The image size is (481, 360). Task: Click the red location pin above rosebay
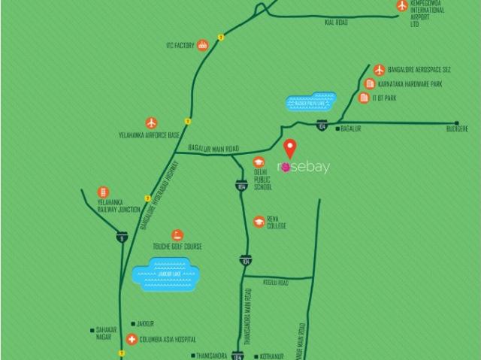tap(289, 147)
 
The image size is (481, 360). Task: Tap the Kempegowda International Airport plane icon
tap(402, 6)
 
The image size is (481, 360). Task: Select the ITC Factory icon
tap(202, 45)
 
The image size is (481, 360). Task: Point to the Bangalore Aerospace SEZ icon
tap(380, 70)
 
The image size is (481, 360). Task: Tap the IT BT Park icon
tap(365, 98)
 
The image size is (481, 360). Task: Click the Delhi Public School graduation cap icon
tap(259, 162)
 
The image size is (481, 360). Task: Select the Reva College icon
tap(259, 221)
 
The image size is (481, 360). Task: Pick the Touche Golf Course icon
tap(177, 236)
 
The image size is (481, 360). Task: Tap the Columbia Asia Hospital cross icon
tap(132, 339)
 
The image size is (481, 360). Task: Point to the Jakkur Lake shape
tap(166, 274)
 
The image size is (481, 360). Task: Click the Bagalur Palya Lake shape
tap(313, 100)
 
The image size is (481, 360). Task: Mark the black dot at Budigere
tap(456, 122)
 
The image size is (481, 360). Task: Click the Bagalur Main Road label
tap(213, 150)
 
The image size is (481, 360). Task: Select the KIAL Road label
tap(336, 23)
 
